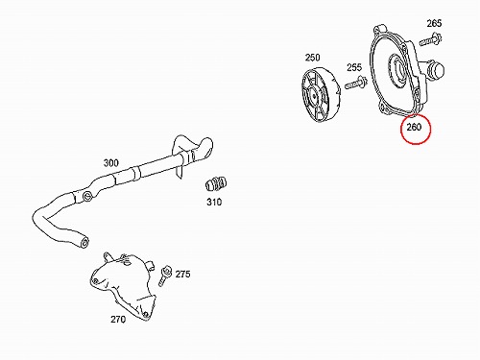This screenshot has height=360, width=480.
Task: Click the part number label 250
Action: (312, 58)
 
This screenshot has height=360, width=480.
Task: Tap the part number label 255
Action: (354, 67)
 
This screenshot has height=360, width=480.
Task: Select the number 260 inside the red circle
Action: (414, 127)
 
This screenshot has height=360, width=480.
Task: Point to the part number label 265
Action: (434, 23)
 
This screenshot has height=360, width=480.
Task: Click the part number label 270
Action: (118, 319)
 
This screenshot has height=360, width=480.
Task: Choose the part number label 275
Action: (182, 274)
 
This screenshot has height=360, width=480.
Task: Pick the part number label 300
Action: (110, 163)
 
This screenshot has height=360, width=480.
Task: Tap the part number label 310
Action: (214, 202)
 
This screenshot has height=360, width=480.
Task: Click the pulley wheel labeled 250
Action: (321, 95)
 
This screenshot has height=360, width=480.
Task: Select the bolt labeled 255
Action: (355, 84)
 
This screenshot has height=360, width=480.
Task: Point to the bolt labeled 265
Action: (430, 39)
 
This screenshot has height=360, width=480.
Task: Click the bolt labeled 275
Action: (165, 276)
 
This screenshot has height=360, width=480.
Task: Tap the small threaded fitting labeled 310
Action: (216, 183)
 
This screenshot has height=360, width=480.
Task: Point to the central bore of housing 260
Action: (397, 72)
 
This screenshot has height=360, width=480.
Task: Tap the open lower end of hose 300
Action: (84, 242)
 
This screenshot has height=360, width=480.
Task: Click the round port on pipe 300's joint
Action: (86, 197)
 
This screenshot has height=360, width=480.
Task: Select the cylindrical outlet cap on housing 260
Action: (437, 69)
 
